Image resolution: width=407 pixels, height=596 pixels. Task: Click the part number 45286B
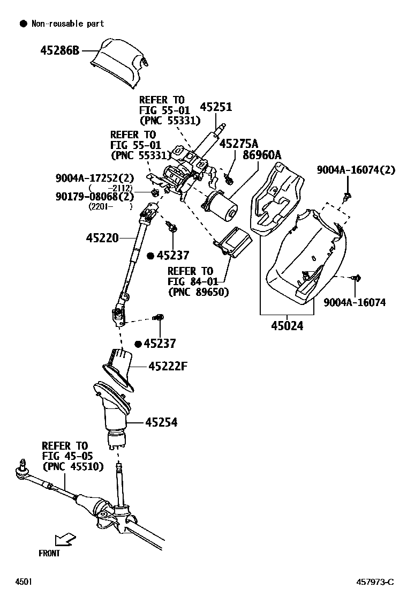pos(59,51)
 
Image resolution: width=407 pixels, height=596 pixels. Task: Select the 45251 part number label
pos(216,107)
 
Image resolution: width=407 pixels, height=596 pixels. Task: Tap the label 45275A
pos(239,144)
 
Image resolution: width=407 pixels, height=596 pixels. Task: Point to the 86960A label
pos(262,155)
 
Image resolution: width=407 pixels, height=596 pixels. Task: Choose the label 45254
pos(161,423)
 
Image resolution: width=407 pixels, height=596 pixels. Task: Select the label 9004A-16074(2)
pos(356,170)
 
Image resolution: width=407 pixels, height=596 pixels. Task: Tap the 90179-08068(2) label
pos(94,196)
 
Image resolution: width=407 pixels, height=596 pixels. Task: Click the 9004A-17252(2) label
pos(94,178)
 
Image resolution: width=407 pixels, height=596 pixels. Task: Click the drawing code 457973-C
pos(375,582)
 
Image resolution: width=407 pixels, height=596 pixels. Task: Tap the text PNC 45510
pos(71,466)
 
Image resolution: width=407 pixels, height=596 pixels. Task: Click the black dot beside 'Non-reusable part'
pos(23,24)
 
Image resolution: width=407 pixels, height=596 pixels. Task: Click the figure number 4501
pos(24,582)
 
